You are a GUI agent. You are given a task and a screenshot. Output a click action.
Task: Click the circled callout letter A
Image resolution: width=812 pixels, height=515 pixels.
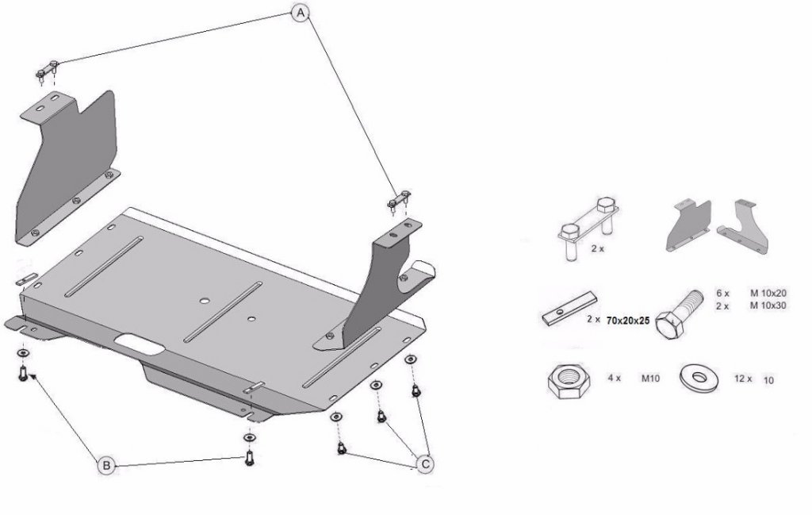[x=301, y=13]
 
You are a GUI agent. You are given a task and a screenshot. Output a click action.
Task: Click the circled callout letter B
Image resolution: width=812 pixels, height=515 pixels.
[x=106, y=465]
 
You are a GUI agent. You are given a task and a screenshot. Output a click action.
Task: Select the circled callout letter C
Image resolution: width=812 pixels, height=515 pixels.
[x=425, y=464]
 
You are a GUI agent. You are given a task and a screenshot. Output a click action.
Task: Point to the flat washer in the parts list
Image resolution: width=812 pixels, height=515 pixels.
[x=699, y=379]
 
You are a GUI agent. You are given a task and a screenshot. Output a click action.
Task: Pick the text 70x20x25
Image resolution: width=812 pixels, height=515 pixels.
[x=628, y=321]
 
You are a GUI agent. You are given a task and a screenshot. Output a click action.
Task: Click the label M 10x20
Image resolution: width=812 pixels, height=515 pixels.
[x=768, y=294]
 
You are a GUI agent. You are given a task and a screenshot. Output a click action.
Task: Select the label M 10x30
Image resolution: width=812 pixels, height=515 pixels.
[x=768, y=306]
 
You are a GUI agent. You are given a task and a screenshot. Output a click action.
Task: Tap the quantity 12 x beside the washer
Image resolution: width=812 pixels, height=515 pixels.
[x=742, y=379]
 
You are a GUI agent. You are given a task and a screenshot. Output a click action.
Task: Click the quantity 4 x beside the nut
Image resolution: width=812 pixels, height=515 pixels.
[x=615, y=379]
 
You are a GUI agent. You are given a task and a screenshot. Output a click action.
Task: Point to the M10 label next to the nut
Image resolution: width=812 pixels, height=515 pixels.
[x=650, y=379]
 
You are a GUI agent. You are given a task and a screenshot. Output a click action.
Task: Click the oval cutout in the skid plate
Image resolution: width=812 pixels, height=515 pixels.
[x=140, y=344]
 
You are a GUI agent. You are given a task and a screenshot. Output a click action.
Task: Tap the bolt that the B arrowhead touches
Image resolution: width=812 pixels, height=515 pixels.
[x=23, y=374]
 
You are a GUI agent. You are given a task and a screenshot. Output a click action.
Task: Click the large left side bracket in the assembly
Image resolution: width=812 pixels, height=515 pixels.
[x=68, y=167]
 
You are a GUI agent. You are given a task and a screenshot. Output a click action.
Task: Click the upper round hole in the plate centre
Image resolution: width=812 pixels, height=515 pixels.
[x=205, y=301]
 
